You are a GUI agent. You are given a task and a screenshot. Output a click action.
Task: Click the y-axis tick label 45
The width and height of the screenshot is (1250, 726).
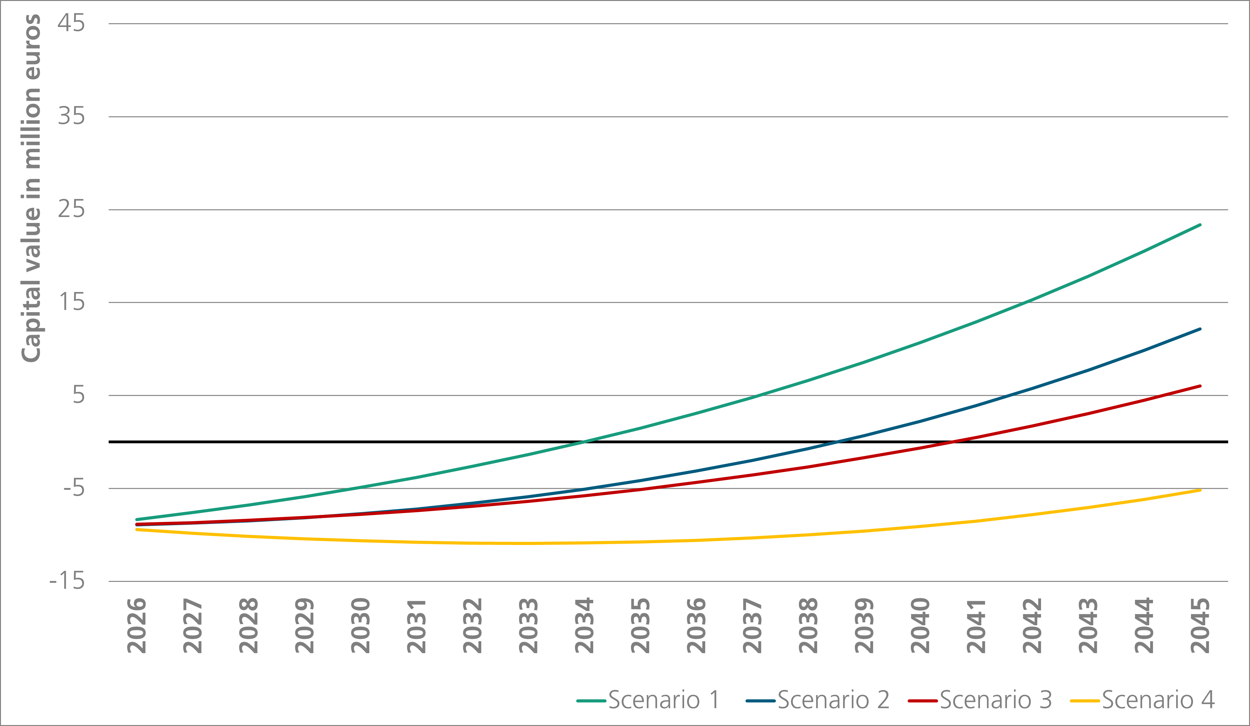click(71, 23)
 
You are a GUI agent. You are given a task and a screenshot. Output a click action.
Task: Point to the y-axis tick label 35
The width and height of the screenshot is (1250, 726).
click(71, 117)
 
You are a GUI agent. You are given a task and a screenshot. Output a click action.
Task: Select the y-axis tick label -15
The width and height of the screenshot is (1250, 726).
click(67, 581)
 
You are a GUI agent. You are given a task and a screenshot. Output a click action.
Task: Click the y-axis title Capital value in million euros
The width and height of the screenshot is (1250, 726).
click(31, 188)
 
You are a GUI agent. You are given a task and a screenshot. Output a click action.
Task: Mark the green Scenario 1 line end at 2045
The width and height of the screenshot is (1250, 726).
click(1200, 225)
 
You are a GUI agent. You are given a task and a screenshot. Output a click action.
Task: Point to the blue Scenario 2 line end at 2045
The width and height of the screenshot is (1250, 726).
click(1200, 329)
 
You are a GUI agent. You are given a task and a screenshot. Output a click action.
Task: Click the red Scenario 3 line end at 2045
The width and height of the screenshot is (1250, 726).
click(1200, 386)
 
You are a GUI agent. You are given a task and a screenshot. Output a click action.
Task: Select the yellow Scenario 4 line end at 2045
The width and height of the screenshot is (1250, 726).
click(1200, 490)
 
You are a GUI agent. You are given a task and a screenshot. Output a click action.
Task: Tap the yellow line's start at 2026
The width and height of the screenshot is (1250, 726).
click(137, 530)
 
